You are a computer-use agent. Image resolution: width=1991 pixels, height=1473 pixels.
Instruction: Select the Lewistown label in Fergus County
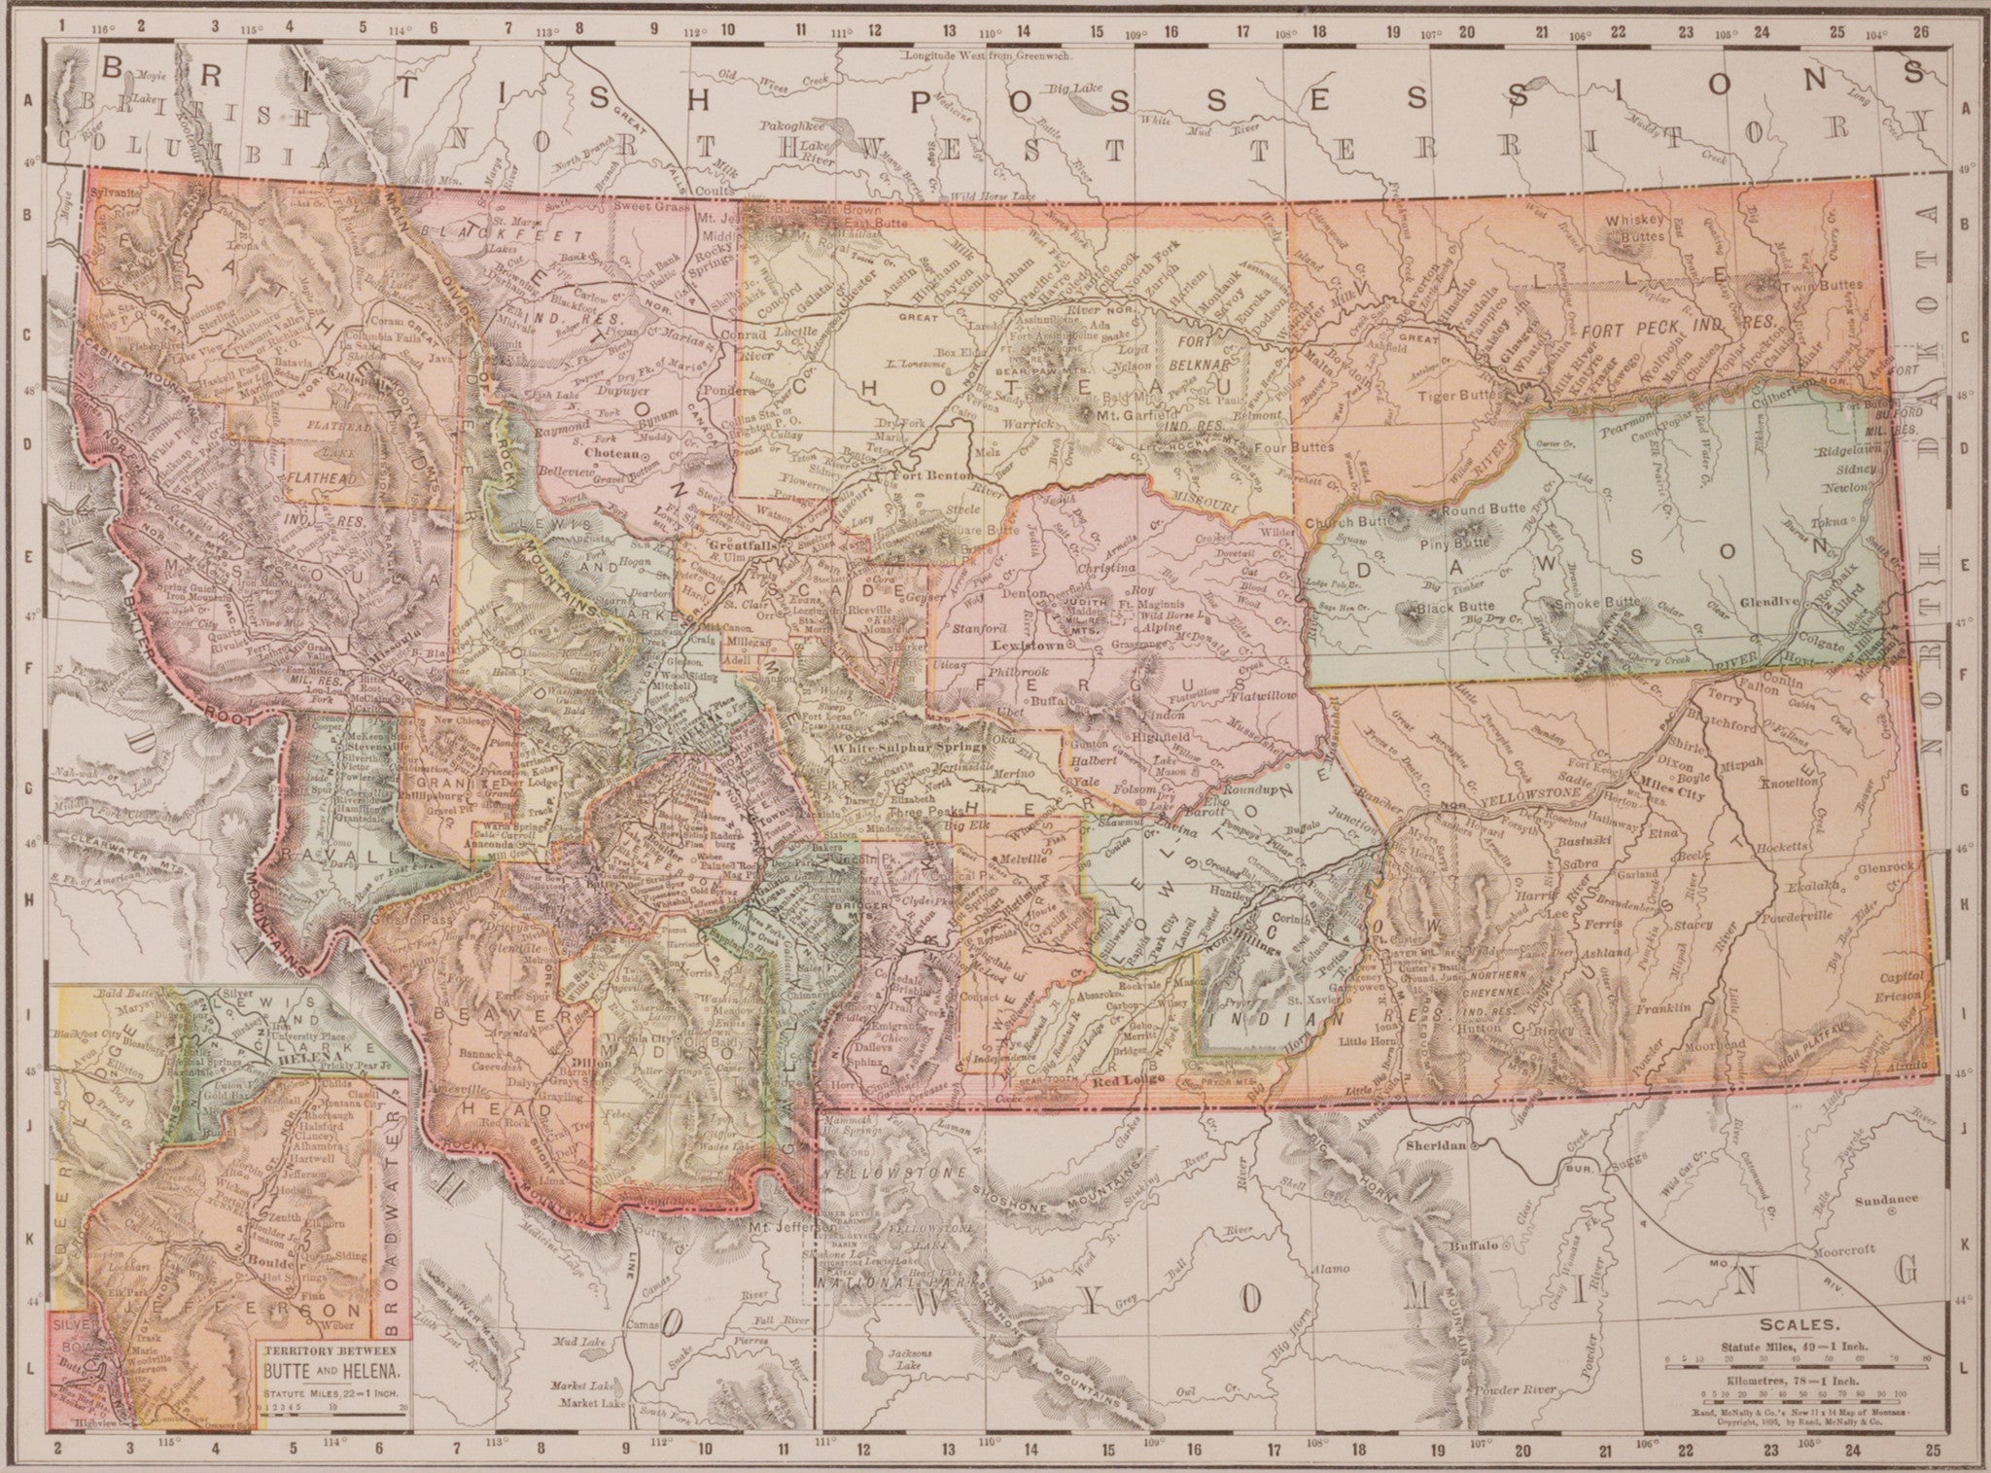[x=1019, y=644]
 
